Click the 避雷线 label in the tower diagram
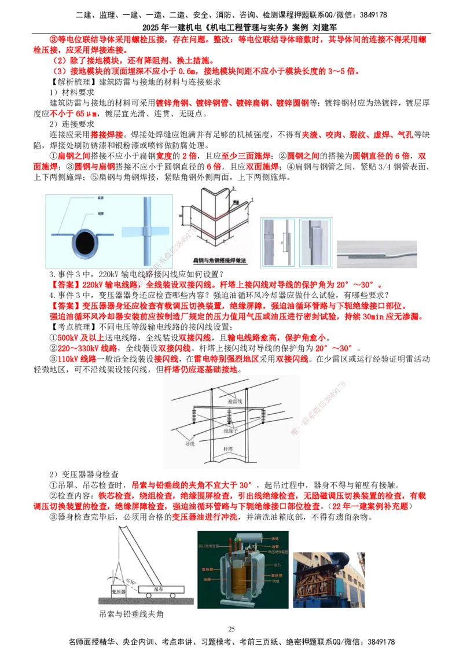[x=236, y=400]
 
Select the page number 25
[x=231, y=629]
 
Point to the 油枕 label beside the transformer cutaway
[x=275, y=539]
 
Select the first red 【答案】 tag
[x=66, y=285]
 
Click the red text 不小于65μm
[x=74, y=113]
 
